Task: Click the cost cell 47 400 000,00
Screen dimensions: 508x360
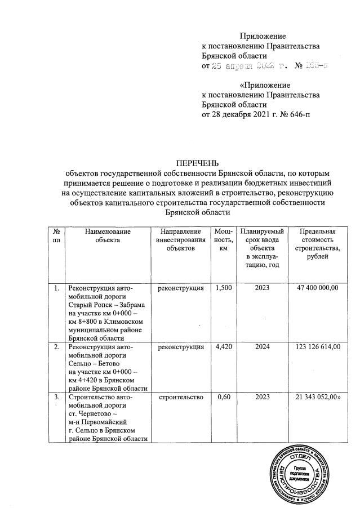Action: pos(317,288)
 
